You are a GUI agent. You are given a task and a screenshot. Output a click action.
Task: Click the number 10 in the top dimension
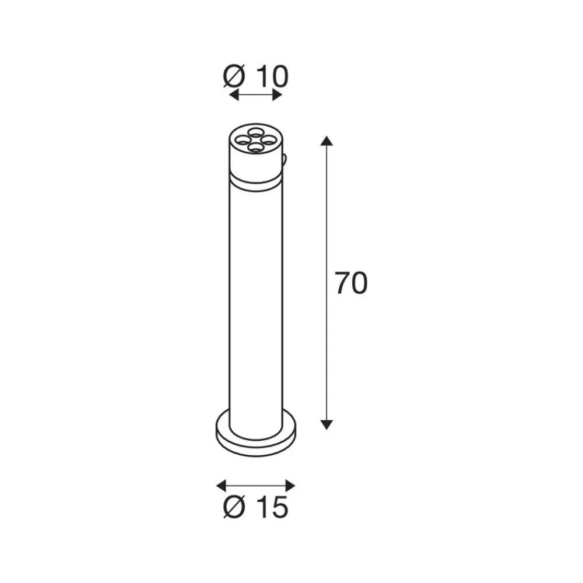[x=272, y=77]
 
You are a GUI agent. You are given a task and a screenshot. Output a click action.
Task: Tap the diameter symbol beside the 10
[x=234, y=77]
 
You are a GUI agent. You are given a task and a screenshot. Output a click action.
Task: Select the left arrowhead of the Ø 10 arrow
[x=234, y=95]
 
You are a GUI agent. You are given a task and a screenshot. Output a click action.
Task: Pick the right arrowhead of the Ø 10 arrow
[x=278, y=95]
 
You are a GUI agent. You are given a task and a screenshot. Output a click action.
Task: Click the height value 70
[x=351, y=283]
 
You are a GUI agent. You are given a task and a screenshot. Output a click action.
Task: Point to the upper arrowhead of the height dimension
[x=326, y=141]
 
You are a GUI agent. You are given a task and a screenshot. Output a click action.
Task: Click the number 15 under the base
[x=272, y=507]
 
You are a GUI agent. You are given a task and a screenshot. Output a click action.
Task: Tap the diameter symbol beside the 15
[x=234, y=507]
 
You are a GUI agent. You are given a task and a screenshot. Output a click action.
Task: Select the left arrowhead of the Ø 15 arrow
[x=221, y=486]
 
